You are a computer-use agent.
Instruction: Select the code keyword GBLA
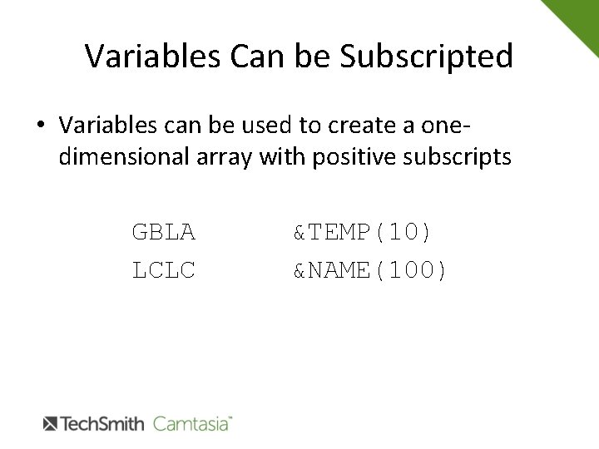(163, 233)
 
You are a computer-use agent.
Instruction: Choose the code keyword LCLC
(163, 269)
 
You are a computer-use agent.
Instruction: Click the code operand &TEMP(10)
(362, 233)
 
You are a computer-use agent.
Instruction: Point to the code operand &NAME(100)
(370, 269)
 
